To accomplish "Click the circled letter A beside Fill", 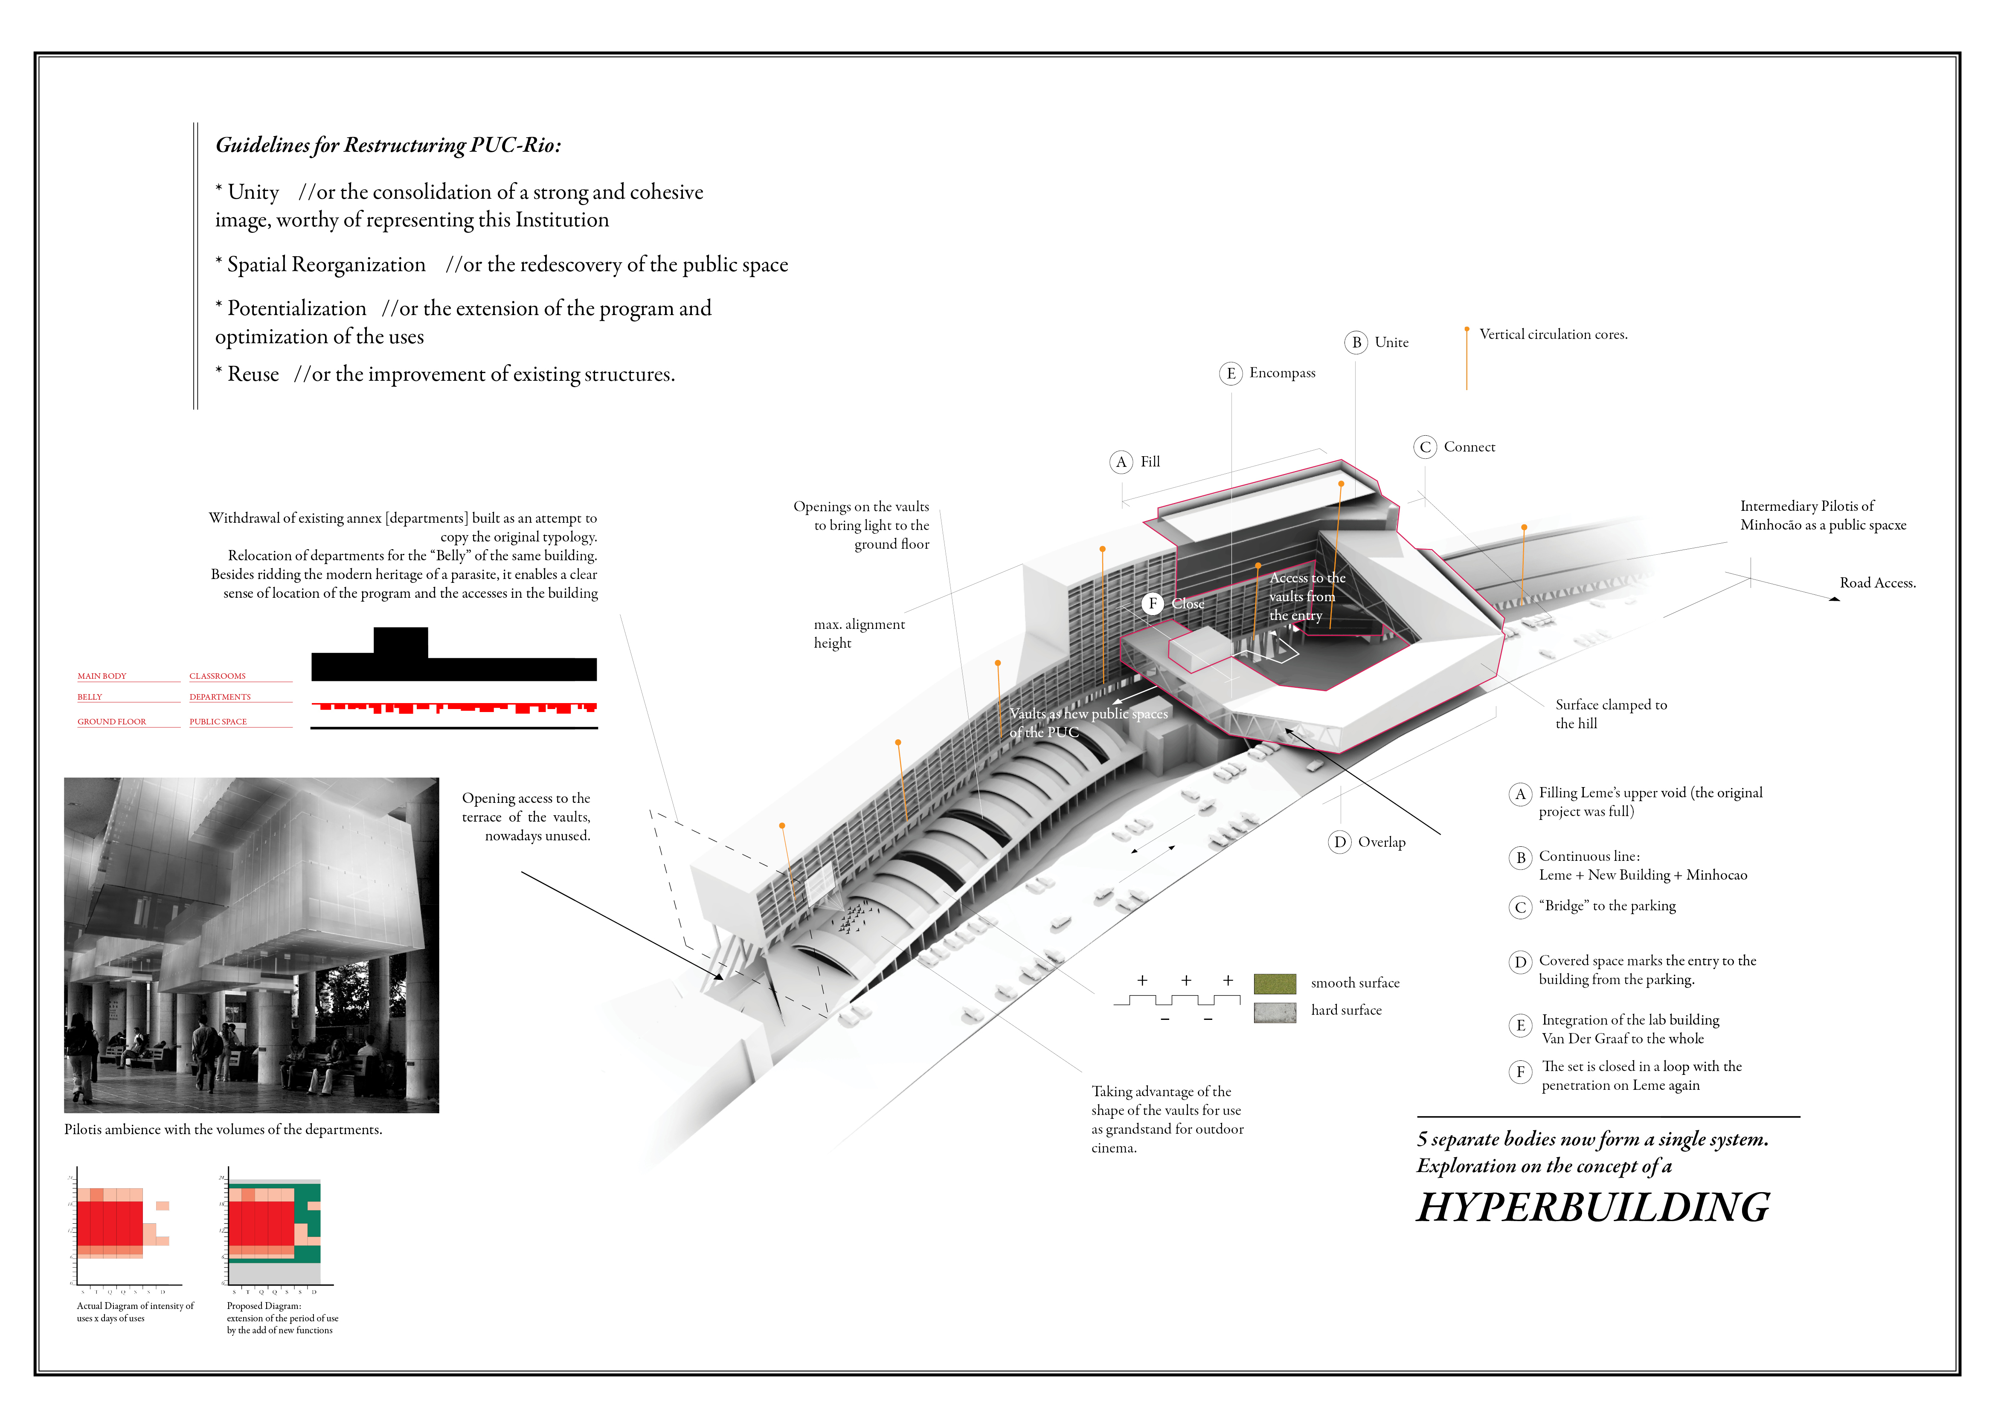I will [1121, 462].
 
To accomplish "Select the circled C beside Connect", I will [1425, 447].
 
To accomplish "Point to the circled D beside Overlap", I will [1340, 842].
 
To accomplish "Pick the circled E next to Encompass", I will [1230, 373].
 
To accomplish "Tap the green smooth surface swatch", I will [1275, 984].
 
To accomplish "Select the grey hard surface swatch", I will [1275, 1011].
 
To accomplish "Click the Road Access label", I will [1877, 583].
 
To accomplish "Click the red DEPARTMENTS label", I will [220, 697].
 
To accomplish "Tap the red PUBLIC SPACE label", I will [218, 722].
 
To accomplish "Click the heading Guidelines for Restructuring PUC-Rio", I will [388, 145].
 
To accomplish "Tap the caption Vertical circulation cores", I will [1553, 334].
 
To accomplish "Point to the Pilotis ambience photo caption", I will [222, 1129].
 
